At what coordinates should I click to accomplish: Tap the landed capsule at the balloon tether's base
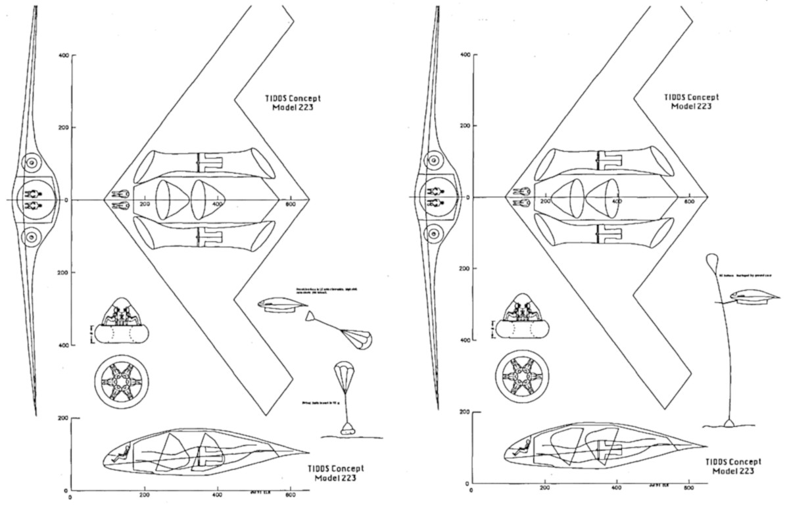tap(729, 423)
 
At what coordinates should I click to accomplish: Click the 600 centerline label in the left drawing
tap(290, 205)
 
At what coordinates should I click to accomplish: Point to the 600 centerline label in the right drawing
tap(689, 201)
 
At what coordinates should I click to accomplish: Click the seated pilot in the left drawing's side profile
tap(119, 453)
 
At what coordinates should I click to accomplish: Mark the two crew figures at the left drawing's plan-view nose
tap(120, 200)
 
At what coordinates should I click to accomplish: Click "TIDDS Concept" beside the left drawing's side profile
tap(336, 468)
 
